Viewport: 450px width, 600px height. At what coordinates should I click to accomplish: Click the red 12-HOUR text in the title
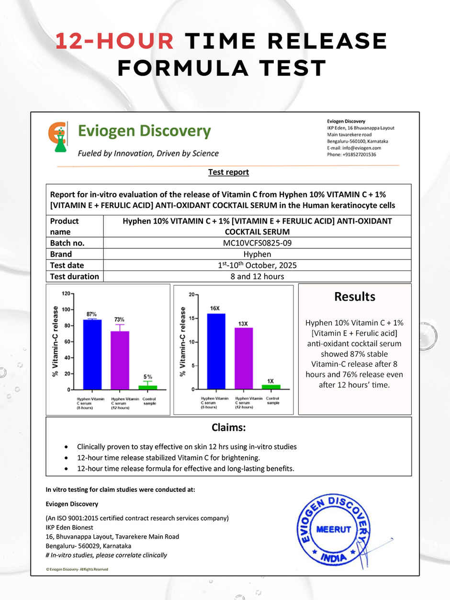click(x=114, y=42)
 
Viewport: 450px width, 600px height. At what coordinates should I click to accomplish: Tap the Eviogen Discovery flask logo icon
click(x=58, y=137)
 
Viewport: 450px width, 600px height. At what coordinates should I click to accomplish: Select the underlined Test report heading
click(x=228, y=172)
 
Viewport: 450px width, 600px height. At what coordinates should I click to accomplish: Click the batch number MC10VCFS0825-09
click(x=257, y=243)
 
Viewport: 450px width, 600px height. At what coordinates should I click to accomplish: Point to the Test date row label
click(x=67, y=265)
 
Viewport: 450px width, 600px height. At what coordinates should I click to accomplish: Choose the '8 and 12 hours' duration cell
click(x=257, y=276)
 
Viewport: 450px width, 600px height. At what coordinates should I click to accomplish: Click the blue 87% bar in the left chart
click(x=92, y=354)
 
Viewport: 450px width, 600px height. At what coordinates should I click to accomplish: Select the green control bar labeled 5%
click(x=147, y=387)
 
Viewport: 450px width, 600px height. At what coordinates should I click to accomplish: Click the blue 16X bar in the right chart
click(x=216, y=351)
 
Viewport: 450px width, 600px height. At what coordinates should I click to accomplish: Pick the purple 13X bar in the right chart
click(x=244, y=358)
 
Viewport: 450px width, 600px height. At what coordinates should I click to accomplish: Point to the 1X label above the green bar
click(x=270, y=381)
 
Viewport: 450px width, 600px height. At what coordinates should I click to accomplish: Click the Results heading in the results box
click(x=354, y=297)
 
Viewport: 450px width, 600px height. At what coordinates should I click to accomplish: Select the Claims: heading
click(x=228, y=427)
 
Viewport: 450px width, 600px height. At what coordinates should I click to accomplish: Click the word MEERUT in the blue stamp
click(x=334, y=530)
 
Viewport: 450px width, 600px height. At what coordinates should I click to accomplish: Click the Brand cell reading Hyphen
click(x=257, y=254)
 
